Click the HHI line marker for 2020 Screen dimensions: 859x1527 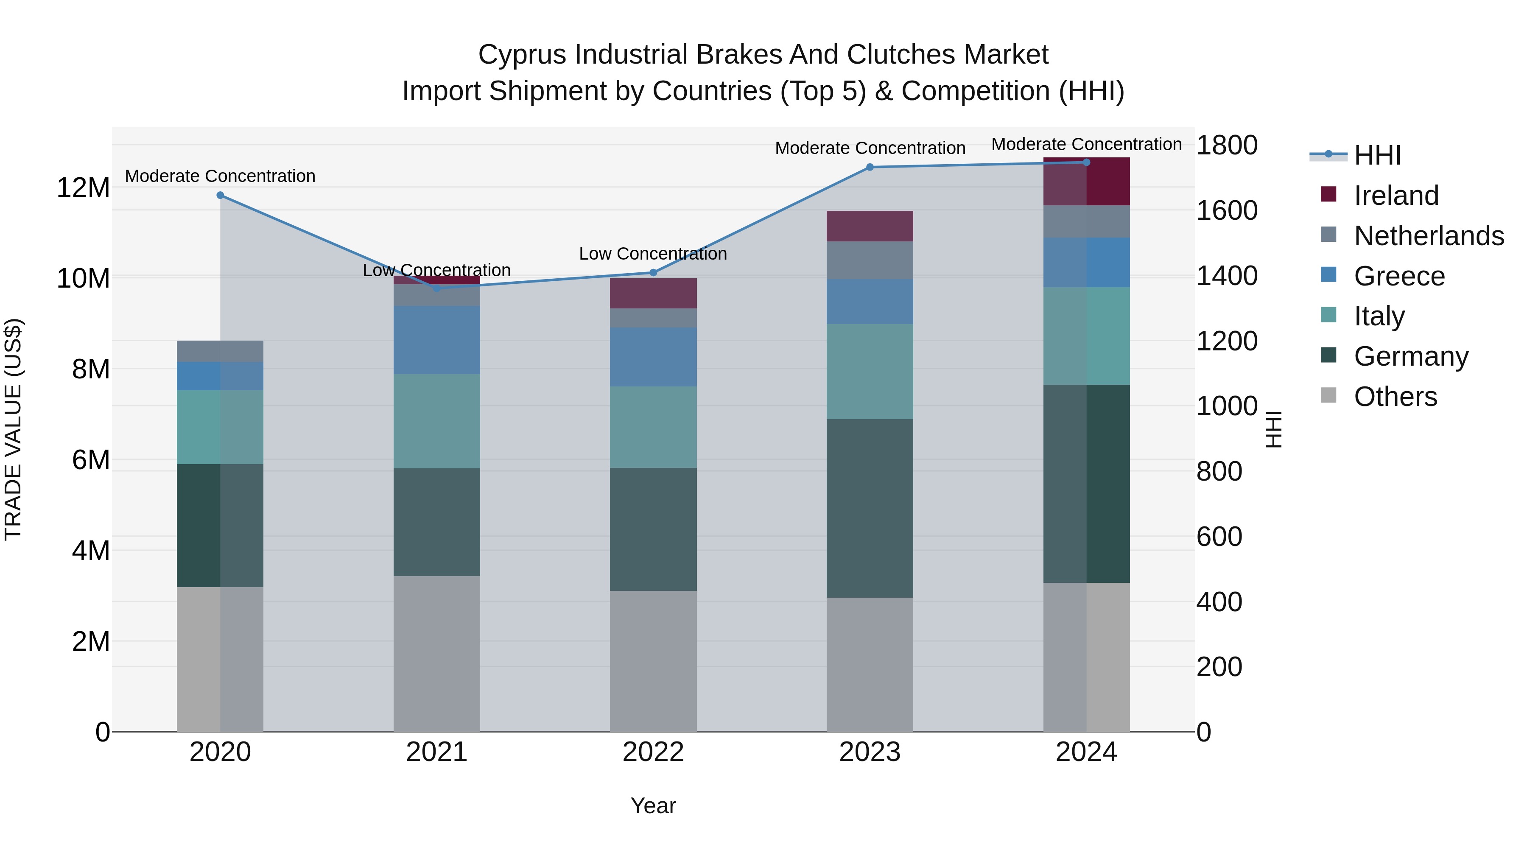click(220, 195)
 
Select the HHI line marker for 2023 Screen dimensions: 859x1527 click(870, 167)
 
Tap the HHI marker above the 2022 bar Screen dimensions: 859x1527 click(653, 273)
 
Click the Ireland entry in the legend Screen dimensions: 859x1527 click(1396, 196)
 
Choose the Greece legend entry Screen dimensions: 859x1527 click(1399, 276)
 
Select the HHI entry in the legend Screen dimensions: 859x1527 click(1377, 155)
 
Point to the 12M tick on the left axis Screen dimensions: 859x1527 click(83, 188)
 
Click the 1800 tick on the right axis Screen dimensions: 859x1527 click(1226, 145)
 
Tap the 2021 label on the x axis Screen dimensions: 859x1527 click(436, 752)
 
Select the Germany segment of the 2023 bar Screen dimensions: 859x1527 click(870, 508)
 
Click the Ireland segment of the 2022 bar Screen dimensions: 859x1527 click(653, 294)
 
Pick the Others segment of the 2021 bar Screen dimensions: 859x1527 click(436, 653)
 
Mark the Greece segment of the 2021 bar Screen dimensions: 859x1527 click(436, 340)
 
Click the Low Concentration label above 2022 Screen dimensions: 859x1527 click(653, 254)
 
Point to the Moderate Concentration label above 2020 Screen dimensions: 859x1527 click(220, 176)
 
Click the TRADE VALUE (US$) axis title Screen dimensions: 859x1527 click(13, 429)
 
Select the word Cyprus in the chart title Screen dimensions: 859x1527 click(522, 55)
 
